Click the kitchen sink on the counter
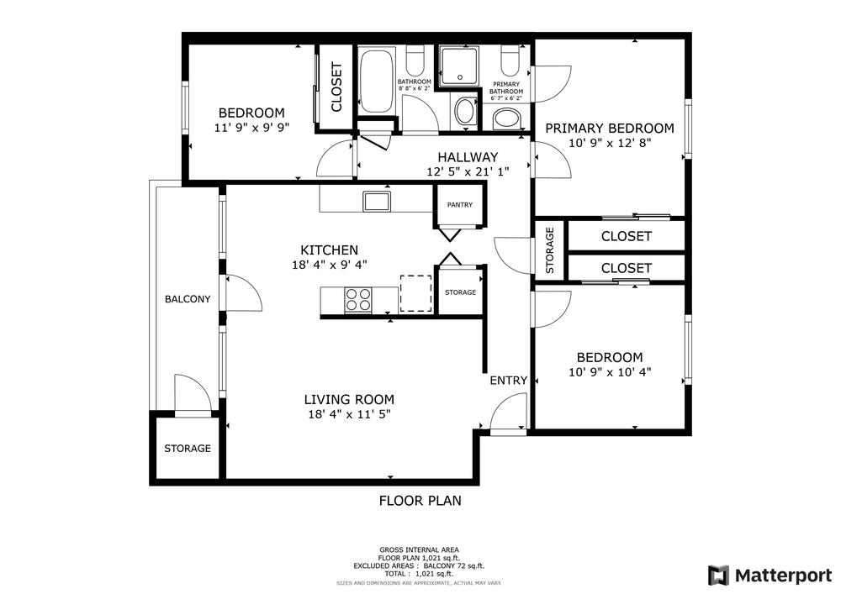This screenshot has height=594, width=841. click(x=376, y=201)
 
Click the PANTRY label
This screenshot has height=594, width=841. click(x=459, y=205)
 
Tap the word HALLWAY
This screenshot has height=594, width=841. click(x=468, y=157)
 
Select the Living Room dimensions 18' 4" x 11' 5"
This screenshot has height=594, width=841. click(x=349, y=414)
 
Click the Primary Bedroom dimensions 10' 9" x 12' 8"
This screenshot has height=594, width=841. click(x=610, y=143)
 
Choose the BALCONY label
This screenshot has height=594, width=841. click(x=187, y=299)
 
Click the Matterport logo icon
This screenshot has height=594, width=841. click(x=717, y=575)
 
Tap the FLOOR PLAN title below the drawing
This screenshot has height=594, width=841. click(x=420, y=501)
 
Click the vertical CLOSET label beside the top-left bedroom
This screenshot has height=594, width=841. click(x=336, y=87)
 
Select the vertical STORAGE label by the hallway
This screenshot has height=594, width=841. click(x=550, y=251)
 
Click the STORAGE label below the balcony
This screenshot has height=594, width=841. click(x=187, y=449)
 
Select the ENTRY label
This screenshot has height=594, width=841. click(x=508, y=381)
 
